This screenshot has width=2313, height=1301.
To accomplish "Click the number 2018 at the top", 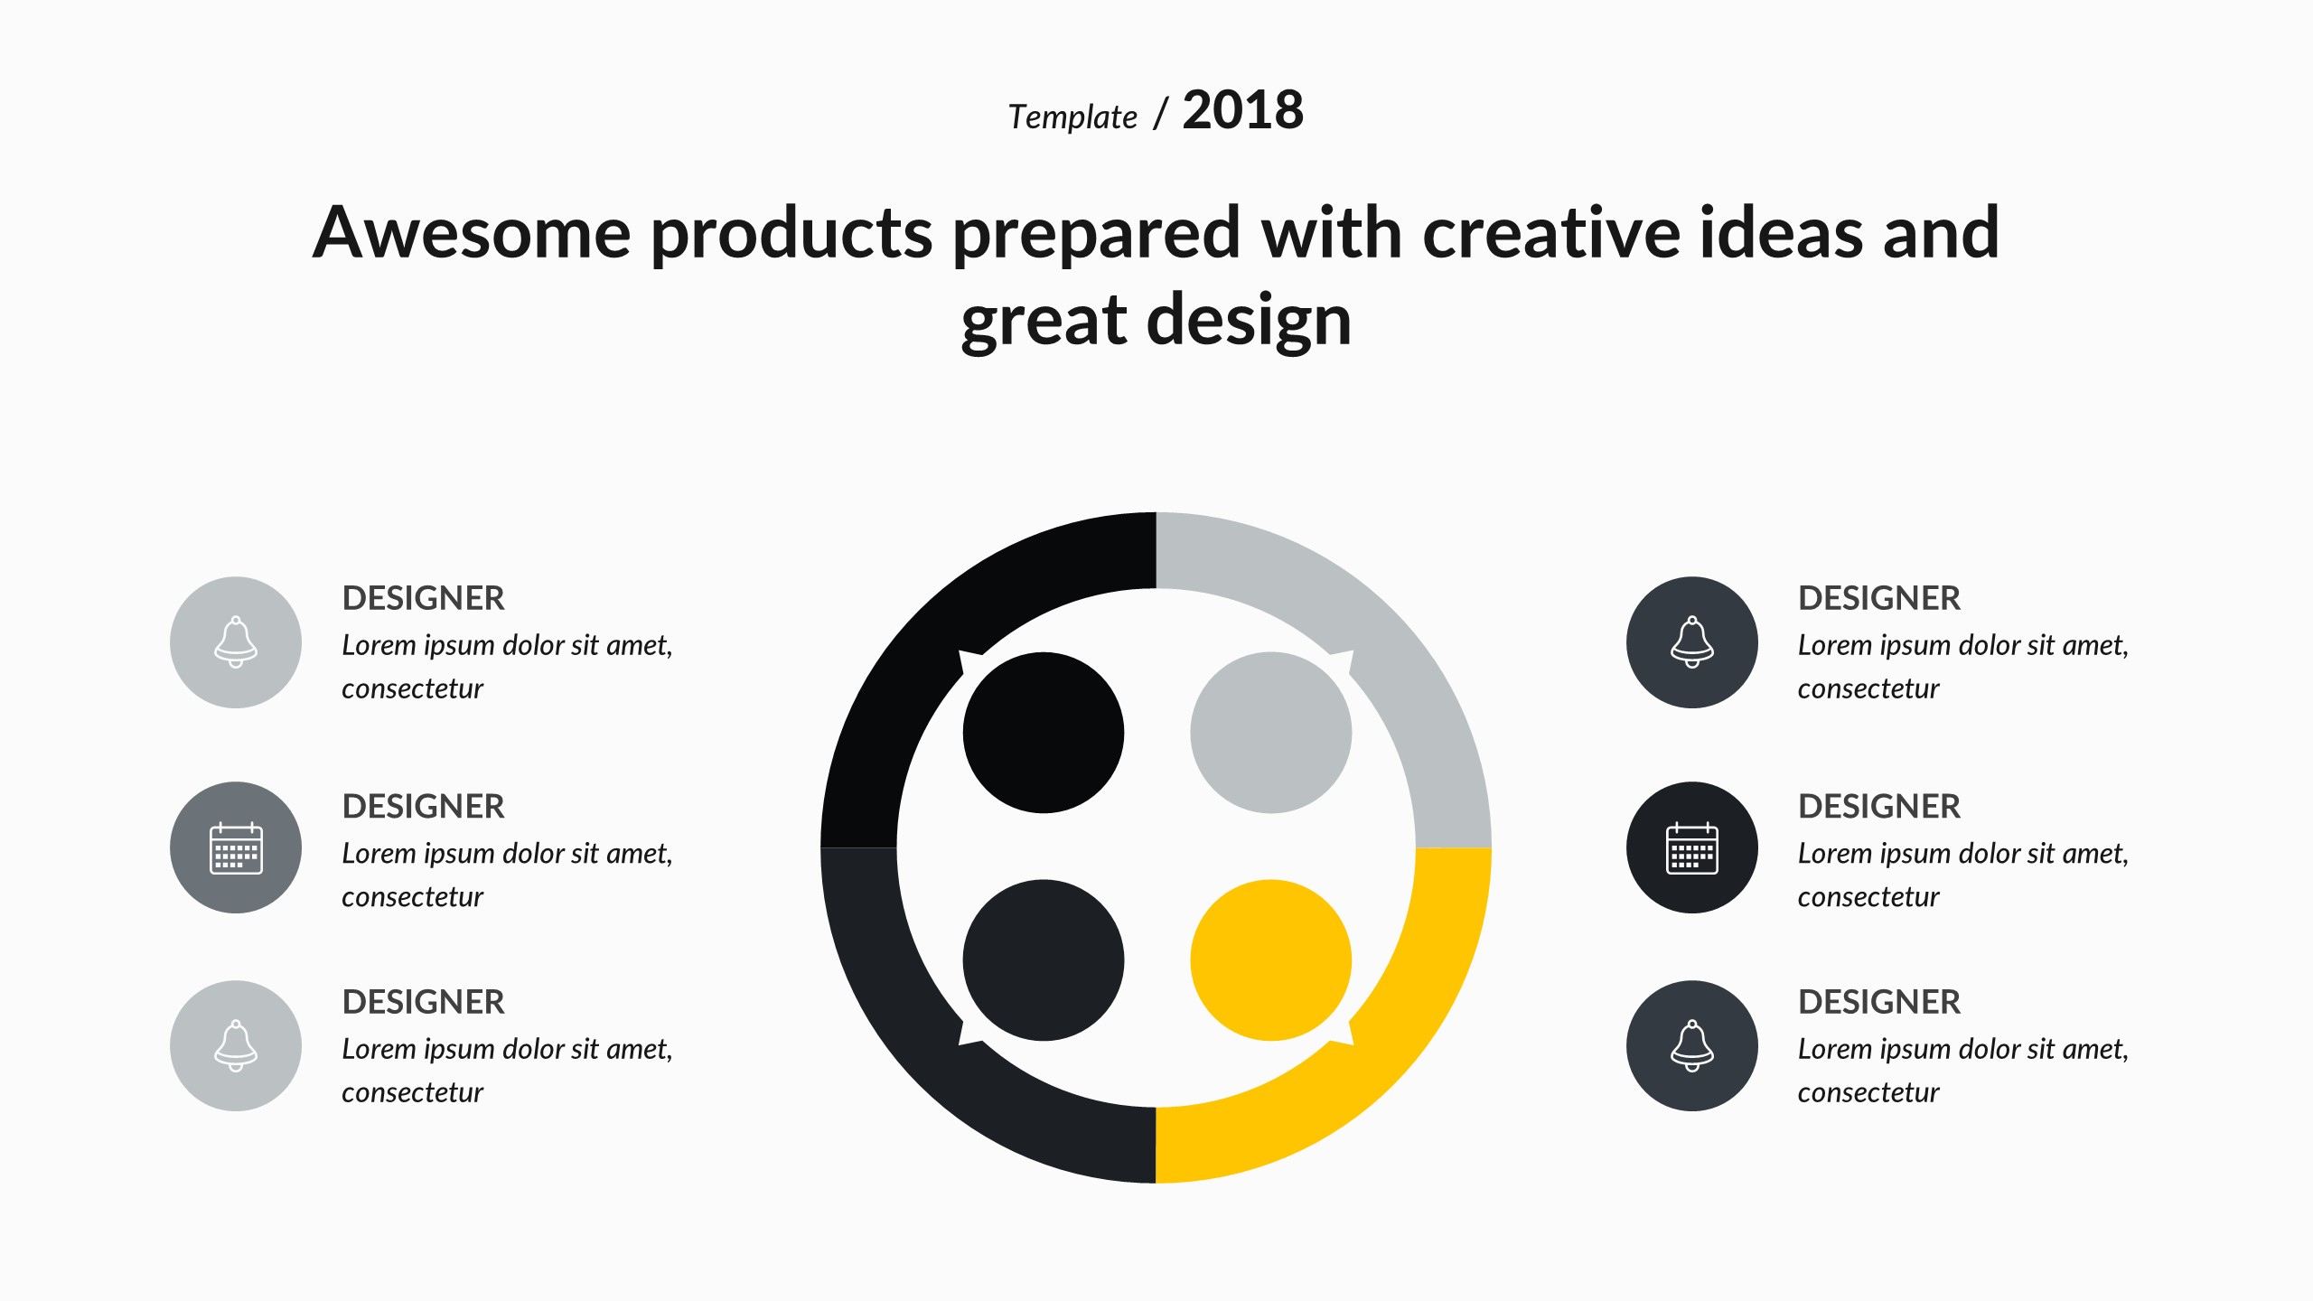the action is pyautogui.click(x=1242, y=110).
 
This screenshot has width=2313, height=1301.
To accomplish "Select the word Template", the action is pyautogui.click(x=1072, y=117).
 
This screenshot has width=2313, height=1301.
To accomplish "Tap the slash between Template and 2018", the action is pyautogui.click(x=1161, y=114).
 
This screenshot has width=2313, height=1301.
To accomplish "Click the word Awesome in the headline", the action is pyautogui.click(x=472, y=232).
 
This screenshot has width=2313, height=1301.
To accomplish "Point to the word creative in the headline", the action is pyautogui.click(x=1550, y=232).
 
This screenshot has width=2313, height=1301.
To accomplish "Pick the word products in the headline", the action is pyautogui.click(x=791, y=235).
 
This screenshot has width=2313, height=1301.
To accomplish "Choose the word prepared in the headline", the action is pyautogui.click(x=1096, y=235).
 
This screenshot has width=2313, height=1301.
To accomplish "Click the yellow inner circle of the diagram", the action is pyautogui.click(x=1270, y=960).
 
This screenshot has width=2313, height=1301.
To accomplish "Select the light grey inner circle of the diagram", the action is pyautogui.click(x=1270, y=733).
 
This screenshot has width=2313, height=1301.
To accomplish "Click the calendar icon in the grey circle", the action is pyautogui.click(x=236, y=848).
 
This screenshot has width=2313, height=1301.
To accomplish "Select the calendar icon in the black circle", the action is pyautogui.click(x=1691, y=848).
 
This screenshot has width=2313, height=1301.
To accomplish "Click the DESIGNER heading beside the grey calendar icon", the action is pyautogui.click(x=423, y=806).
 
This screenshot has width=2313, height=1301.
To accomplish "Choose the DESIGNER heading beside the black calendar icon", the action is pyautogui.click(x=1879, y=806).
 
